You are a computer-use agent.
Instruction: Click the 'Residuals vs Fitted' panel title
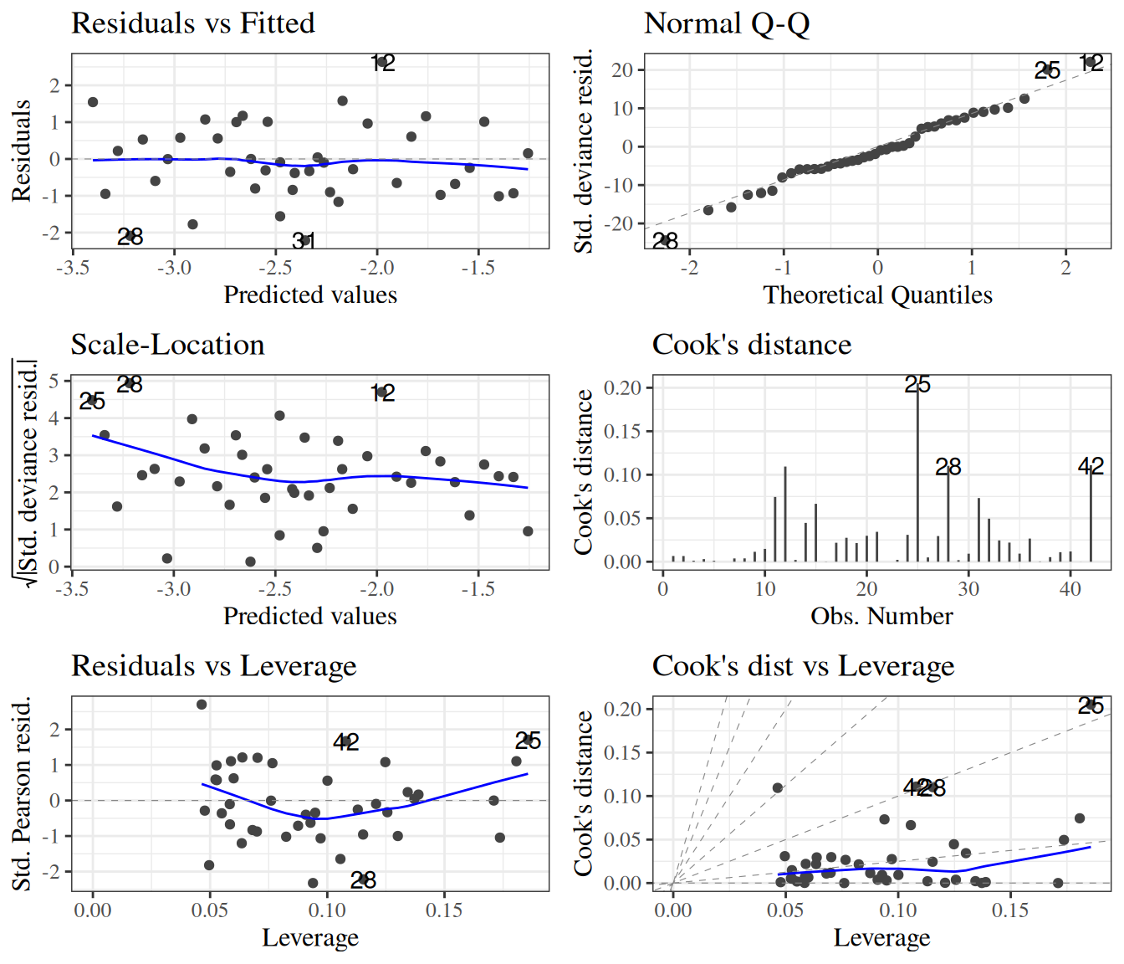click(193, 23)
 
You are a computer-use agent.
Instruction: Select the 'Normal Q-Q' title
click(727, 23)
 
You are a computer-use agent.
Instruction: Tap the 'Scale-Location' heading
click(167, 345)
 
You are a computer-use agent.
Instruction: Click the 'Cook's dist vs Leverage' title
click(803, 666)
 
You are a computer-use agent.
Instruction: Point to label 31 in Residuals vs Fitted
click(304, 241)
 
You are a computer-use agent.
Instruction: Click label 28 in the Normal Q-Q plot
click(665, 241)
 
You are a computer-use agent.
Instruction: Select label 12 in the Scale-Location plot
click(382, 392)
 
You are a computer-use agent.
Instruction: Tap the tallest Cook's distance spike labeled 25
click(917, 469)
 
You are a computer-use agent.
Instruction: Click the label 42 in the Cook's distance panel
click(1091, 466)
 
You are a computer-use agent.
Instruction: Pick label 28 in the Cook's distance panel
click(948, 467)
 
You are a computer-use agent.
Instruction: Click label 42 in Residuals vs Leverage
click(345, 741)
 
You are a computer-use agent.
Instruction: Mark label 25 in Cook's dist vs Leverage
click(1091, 705)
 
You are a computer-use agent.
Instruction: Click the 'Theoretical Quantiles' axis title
click(877, 295)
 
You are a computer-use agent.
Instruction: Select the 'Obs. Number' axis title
click(881, 617)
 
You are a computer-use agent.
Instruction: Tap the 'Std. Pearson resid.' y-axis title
click(22, 793)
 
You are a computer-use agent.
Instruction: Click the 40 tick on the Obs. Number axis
click(1070, 589)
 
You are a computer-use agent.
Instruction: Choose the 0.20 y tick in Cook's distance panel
click(622, 387)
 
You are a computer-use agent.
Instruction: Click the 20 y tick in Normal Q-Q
click(622, 70)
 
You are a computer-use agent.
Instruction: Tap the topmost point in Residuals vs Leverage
click(202, 705)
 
